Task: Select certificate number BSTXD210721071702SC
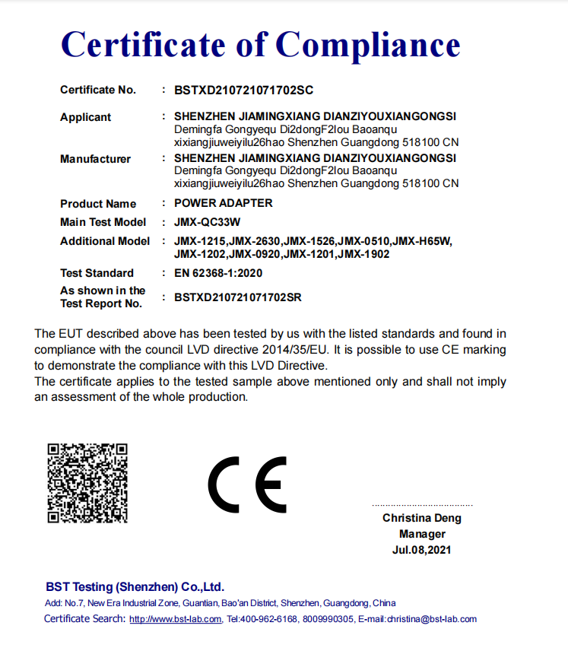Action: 243,91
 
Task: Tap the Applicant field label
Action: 85,117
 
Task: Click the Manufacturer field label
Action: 95,159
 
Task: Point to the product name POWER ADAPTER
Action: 223,203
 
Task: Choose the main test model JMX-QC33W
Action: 207,222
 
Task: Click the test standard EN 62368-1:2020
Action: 218,273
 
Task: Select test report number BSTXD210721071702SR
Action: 237,297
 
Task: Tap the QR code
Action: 87,482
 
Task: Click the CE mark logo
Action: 248,484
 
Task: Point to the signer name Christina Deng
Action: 422,518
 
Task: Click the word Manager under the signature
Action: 422,534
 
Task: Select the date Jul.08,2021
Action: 422,550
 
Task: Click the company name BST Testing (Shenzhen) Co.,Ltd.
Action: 135,587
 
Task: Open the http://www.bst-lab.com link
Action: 176,619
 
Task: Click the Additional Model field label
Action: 105,241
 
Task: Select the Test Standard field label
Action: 97,273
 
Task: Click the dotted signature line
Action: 422,505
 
